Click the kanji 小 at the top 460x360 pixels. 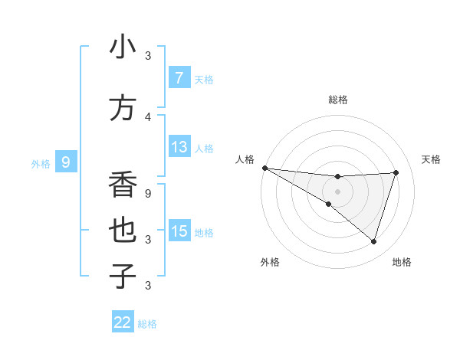pyautogui.click(x=123, y=47)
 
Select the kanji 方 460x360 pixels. pyautogui.click(x=123, y=108)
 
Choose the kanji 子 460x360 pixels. pyautogui.click(x=123, y=277)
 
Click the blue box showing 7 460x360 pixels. pyautogui.click(x=179, y=77)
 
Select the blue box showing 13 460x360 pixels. pyautogui.click(x=179, y=147)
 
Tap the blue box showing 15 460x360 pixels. pyautogui.click(x=179, y=231)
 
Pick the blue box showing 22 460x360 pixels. pyautogui.click(x=123, y=322)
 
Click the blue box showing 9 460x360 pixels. pyautogui.click(x=66, y=162)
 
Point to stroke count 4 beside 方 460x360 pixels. pyautogui.click(x=148, y=116)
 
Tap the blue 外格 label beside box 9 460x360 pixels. pyautogui.click(x=40, y=163)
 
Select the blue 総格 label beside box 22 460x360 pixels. pyautogui.click(x=147, y=324)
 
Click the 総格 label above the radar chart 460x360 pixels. pyautogui.click(x=337, y=100)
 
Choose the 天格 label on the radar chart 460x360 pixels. pyautogui.click(x=431, y=159)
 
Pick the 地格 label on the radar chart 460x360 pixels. pyautogui.click(x=402, y=262)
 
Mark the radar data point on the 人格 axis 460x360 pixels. pyautogui.click(x=264, y=168)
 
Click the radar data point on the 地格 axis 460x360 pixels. pyautogui.click(x=373, y=241)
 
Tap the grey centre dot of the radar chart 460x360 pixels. pyautogui.click(x=337, y=191)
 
